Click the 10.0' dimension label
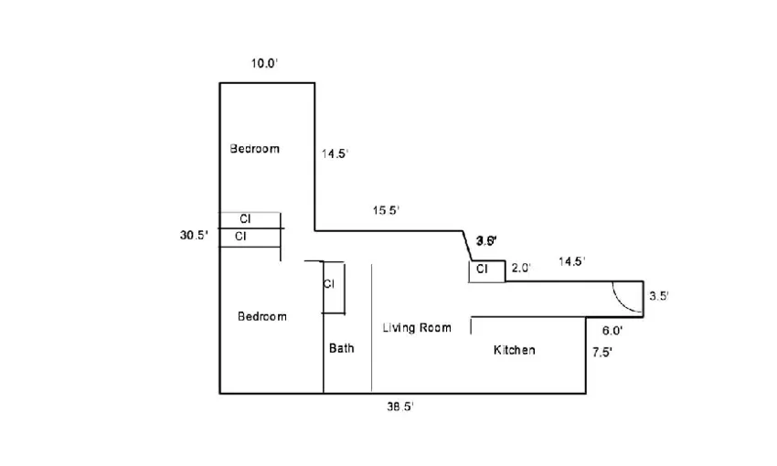coord(264,64)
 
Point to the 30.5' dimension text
coord(194,236)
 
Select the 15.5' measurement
coord(386,211)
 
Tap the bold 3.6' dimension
coord(485,241)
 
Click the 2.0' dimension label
coord(521,268)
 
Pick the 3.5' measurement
coord(659,296)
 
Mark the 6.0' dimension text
coord(612,331)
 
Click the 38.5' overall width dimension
coord(400,408)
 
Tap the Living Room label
coord(416,328)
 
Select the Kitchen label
coord(514,350)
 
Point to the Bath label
coord(342,348)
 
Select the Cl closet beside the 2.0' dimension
coord(484,270)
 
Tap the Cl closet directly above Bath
coord(330,285)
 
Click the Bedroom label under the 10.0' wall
coord(254,148)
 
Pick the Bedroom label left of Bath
coord(261,316)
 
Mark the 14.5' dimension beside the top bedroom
coord(334,154)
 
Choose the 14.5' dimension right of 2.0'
coord(571,261)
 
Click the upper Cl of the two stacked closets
coord(245,219)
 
